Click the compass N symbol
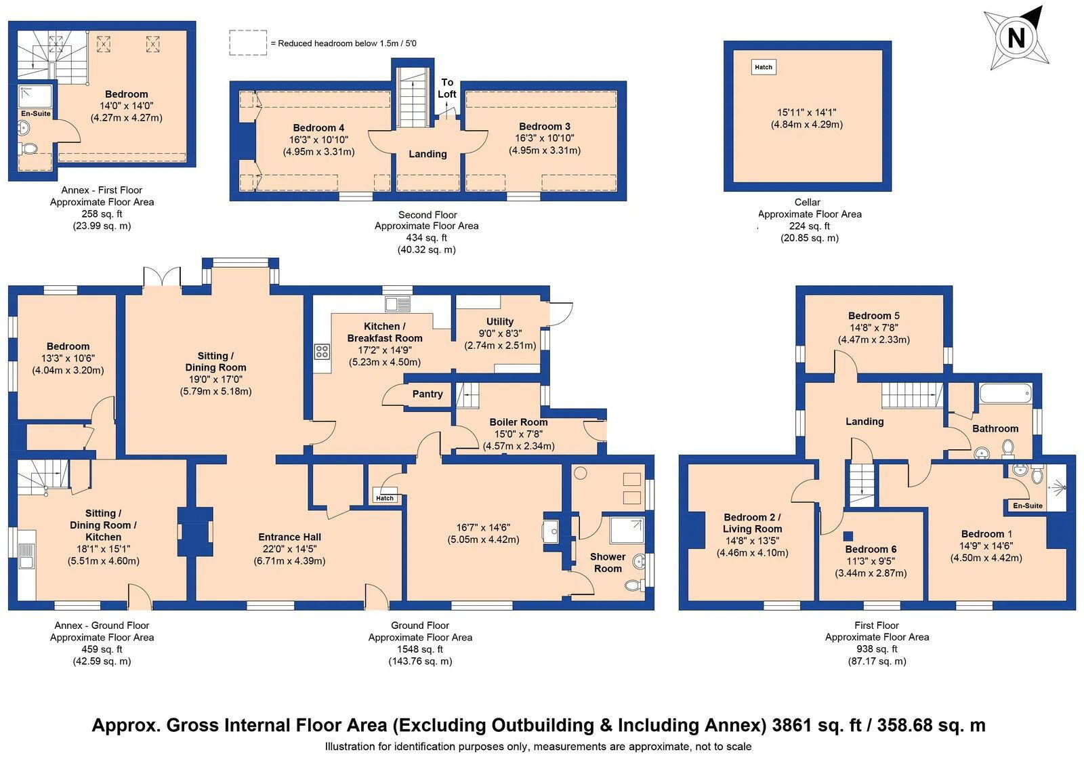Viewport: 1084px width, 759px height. (x=1016, y=37)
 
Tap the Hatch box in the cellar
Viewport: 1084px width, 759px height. (x=764, y=67)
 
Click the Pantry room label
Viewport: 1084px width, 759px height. (x=428, y=394)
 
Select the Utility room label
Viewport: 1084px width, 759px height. (x=500, y=322)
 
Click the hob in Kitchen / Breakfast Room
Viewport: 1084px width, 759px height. (x=322, y=352)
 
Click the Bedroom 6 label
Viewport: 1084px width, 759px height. (x=871, y=549)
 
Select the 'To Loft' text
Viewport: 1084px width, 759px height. (x=447, y=88)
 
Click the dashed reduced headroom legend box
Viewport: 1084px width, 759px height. (x=248, y=43)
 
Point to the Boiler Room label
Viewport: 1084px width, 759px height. (x=519, y=422)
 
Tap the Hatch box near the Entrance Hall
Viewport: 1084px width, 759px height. (x=385, y=498)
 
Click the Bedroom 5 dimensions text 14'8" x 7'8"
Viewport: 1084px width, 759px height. (x=874, y=328)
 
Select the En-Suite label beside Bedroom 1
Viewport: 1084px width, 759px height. (x=1028, y=506)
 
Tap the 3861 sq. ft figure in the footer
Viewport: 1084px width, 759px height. (x=810, y=725)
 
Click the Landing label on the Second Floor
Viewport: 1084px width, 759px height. (x=428, y=154)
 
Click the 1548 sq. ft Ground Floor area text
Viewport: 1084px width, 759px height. (x=420, y=649)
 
